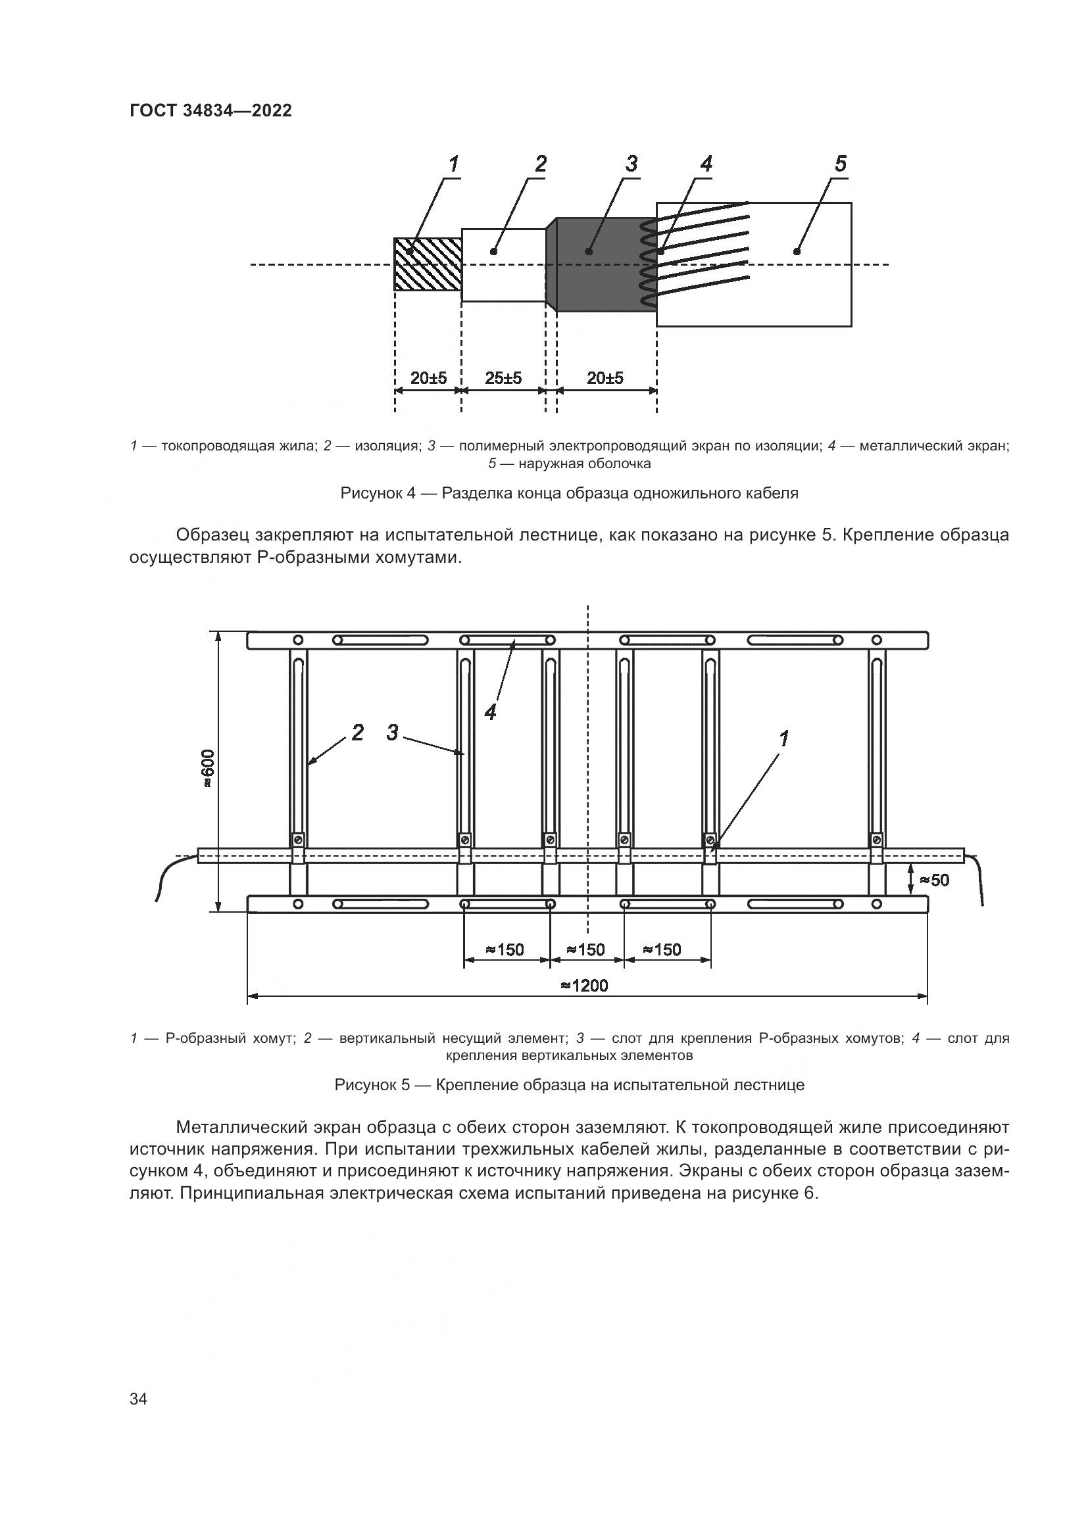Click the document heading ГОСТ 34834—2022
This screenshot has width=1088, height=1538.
[x=210, y=110]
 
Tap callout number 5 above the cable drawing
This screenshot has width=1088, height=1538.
[x=840, y=164]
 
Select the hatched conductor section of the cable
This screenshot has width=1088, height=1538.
[x=427, y=264]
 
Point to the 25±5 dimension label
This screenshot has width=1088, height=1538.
[x=503, y=379]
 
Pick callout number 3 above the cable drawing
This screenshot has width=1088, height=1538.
[x=631, y=164]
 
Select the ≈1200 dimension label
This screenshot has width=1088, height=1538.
[x=584, y=986]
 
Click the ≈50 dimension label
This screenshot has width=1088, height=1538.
[x=934, y=880]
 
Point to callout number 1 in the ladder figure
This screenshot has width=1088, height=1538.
[x=783, y=738]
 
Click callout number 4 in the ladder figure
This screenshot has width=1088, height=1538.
[x=491, y=712]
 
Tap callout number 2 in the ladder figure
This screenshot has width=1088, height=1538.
[x=357, y=732]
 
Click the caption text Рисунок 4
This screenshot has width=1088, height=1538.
[x=379, y=494]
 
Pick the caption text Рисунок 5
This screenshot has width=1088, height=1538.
[x=372, y=1085]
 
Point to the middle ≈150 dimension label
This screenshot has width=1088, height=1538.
[x=585, y=950]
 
